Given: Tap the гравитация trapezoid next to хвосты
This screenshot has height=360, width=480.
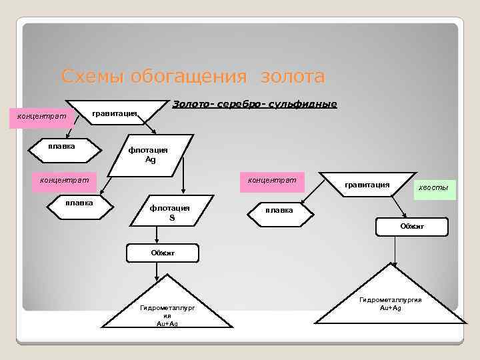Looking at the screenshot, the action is [x=367, y=185].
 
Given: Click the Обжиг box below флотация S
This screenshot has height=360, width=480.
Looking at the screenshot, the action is [x=162, y=253].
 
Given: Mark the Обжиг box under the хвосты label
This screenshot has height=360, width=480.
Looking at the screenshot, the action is [x=412, y=227].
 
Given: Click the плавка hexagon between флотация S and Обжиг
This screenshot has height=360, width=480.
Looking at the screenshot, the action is [x=279, y=211].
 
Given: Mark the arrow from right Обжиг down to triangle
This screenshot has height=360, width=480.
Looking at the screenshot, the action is [x=395, y=250].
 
